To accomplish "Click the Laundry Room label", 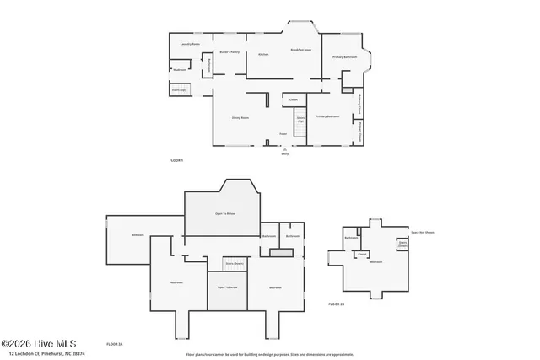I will pyautogui.click(x=189, y=44).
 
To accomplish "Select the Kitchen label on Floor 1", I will pyautogui.click(x=262, y=54).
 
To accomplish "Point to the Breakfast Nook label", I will pyautogui.click(x=301, y=50).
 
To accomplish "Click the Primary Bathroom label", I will pyautogui.click(x=343, y=57).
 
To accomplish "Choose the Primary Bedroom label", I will pyautogui.click(x=327, y=116).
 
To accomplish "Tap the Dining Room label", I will pyautogui.click(x=240, y=118).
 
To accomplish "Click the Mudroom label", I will pyautogui.click(x=180, y=69).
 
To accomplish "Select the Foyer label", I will pyautogui.click(x=283, y=134).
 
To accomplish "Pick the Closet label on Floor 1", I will pyautogui.click(x=294, y=100).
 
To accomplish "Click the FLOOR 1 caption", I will pyautogui.click(x=175, y=160).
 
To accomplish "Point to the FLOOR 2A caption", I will pyautogui.click(x=115, y=344).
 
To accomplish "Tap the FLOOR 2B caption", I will pyautogui.click(x=336, y=304).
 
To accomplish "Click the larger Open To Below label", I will pyautogui.click(x=224, y=214).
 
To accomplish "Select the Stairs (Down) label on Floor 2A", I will pyautogui.click(x=234, y=264).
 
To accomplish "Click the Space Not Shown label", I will pyautogui.click(x=423, y=232).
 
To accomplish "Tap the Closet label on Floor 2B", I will pyautogui.click(x=362, y=253).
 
